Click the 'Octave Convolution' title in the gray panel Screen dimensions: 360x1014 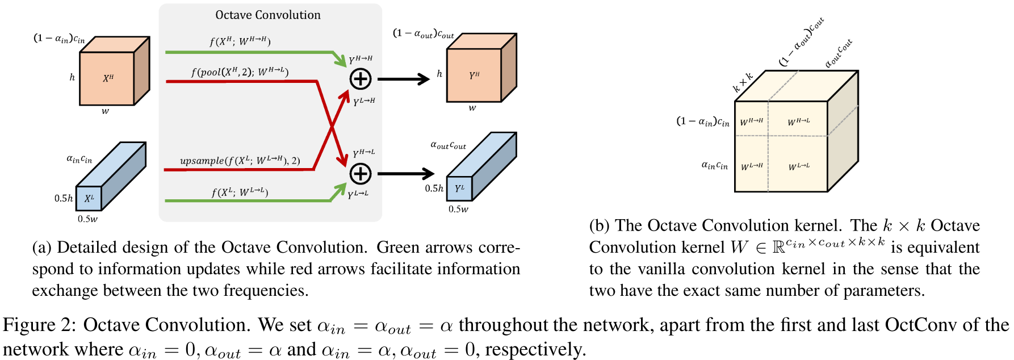pyautogui.click(x=267, y=15)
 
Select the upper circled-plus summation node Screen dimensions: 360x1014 pyautogui.click(x=361, y=79)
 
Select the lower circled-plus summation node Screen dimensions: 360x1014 pyautogui.click(x=361, y=174)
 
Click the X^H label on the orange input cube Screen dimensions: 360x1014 pyautogui.click(x=108, y=78)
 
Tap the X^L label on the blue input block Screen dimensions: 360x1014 pyautogui.click(x=89, y=198)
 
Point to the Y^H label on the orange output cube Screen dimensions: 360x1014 pyautogui.click(x=474, y=75)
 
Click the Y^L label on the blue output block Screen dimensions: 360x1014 pyautogui.click(x=459, y=188)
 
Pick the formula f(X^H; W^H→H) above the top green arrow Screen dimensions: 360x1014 pyautogui.click(x=240, y=41)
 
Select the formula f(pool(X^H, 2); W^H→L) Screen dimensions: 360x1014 pyautogui.click(x=240, y=72)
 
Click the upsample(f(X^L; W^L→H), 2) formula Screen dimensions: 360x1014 pyautogui.click(x=240, y=161)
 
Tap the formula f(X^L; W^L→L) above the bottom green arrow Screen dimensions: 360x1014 pyautogui.click(x=240, y=192)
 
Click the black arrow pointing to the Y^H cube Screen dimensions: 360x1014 pyautogui.click(x=403, y=79)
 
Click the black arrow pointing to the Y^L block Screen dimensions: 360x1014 pyautogui.click(x=405, y=174)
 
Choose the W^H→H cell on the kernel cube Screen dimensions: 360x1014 pyautogui.click(x=752, y=121)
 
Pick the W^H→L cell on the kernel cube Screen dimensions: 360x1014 pyautogui.click(x=798, y=122)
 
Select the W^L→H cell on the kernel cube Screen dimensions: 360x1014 pyautogui.click(x=752, y=166)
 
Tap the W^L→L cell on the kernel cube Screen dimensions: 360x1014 pyautogui.click(x=798, y=166)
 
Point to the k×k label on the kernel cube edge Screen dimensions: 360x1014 pyautogui.click(x=743, y=82)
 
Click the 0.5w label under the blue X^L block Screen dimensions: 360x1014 pyautogui.click(x=87, y=219)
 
